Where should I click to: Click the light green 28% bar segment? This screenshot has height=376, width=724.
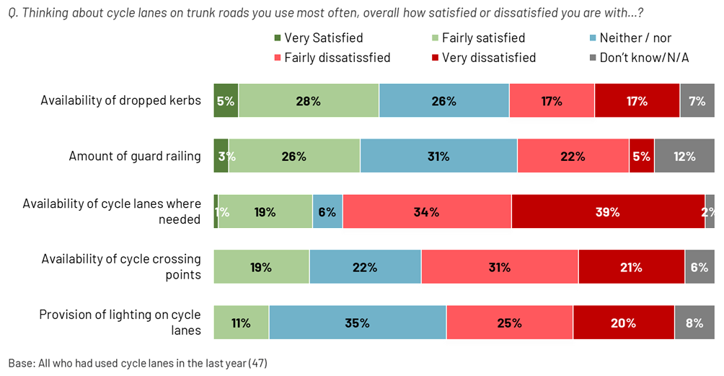[308, 101]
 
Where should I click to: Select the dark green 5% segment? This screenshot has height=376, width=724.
[225, 101]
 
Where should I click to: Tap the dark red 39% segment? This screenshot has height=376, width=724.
[608, 212]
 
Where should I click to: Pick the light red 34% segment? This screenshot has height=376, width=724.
[427, 212]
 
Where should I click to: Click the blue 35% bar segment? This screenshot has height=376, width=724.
[357, 323]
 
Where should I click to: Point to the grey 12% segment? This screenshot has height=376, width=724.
[684, 157]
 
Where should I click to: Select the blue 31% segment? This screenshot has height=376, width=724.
[438, 157]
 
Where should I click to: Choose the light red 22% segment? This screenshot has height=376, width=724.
[573, 157]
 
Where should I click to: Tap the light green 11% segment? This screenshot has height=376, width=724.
[241, 323]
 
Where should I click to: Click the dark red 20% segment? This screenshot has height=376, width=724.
[624, 323]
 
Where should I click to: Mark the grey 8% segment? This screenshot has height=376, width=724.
[694, 323]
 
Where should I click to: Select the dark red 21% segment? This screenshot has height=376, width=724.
[631, 267]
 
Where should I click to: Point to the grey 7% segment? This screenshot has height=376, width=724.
[697, 101]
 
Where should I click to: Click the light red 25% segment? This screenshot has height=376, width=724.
[509, 323]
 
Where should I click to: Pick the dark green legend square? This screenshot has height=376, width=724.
[278, 38]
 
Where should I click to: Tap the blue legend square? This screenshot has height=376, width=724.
[593, 38]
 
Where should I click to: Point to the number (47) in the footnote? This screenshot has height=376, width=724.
[257, 362]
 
